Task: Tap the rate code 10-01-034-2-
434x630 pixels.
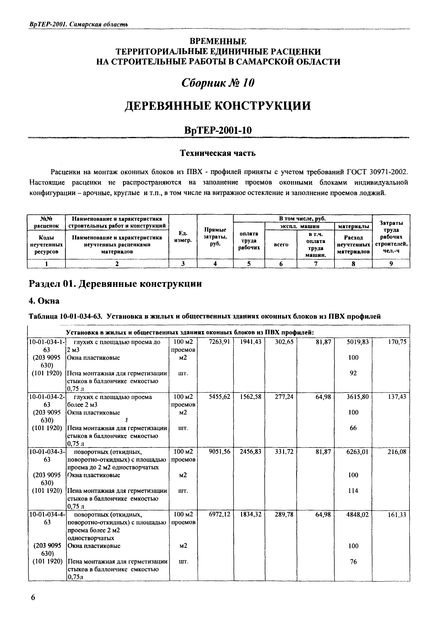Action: click(47, 397)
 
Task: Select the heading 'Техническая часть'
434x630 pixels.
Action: click(218, 153)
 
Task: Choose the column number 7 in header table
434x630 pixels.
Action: click(315, 264)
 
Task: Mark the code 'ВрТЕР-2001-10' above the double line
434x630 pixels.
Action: click(218, 130)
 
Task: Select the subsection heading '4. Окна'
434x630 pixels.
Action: click(44, 301)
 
